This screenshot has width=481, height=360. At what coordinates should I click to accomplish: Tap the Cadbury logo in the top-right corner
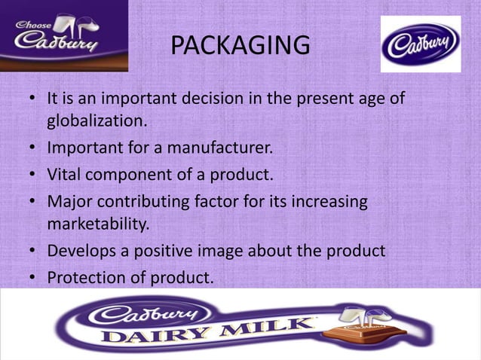pos(420,44)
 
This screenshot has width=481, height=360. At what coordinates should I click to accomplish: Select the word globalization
pos(94,121)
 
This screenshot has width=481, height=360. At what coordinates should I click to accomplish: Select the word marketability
pos(98,224)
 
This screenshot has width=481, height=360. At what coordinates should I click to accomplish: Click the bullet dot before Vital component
pos(33,175)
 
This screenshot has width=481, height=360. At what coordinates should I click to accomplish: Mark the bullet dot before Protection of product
pos(33,278)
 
